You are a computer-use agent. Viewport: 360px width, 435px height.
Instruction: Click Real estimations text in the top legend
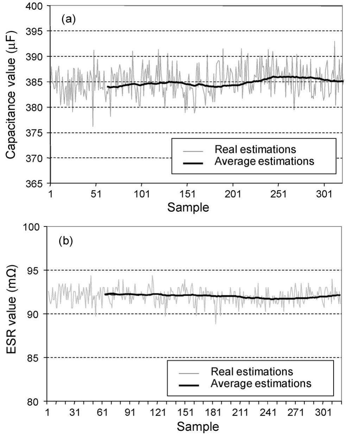[255, 149]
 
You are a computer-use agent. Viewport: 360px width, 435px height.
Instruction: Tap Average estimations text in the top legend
[264, 161]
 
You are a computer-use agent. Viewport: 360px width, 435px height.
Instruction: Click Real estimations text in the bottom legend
[252, 371]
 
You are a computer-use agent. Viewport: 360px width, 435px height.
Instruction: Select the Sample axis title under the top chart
[188, 207]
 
